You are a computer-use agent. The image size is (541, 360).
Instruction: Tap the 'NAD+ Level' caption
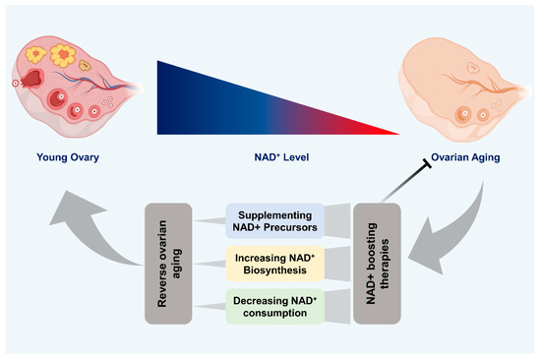tap(277, 154)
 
